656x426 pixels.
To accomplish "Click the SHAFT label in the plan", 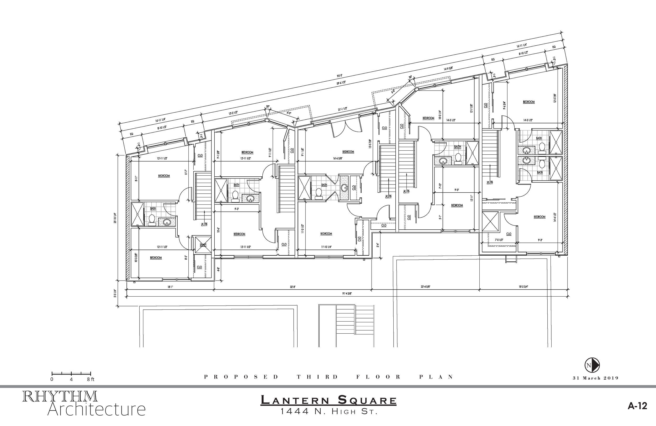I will (203, 245).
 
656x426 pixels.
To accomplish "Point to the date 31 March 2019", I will (595, 378).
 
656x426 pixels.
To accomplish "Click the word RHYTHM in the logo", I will (60, 397).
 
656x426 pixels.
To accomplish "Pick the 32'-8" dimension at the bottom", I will (293, 287).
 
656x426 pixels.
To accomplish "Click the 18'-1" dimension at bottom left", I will (170, 287).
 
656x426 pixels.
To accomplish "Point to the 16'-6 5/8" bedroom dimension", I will (337, 159).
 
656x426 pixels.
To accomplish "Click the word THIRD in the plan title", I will (317, 377).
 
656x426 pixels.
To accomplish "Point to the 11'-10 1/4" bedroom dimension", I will (326, 247).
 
